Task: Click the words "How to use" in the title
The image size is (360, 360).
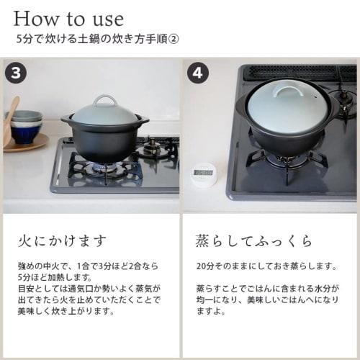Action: [68, 18]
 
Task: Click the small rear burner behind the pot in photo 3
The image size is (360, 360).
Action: [153, 148]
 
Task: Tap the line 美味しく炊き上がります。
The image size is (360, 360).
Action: [69, 312]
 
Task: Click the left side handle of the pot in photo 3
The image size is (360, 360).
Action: [67, 119]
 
